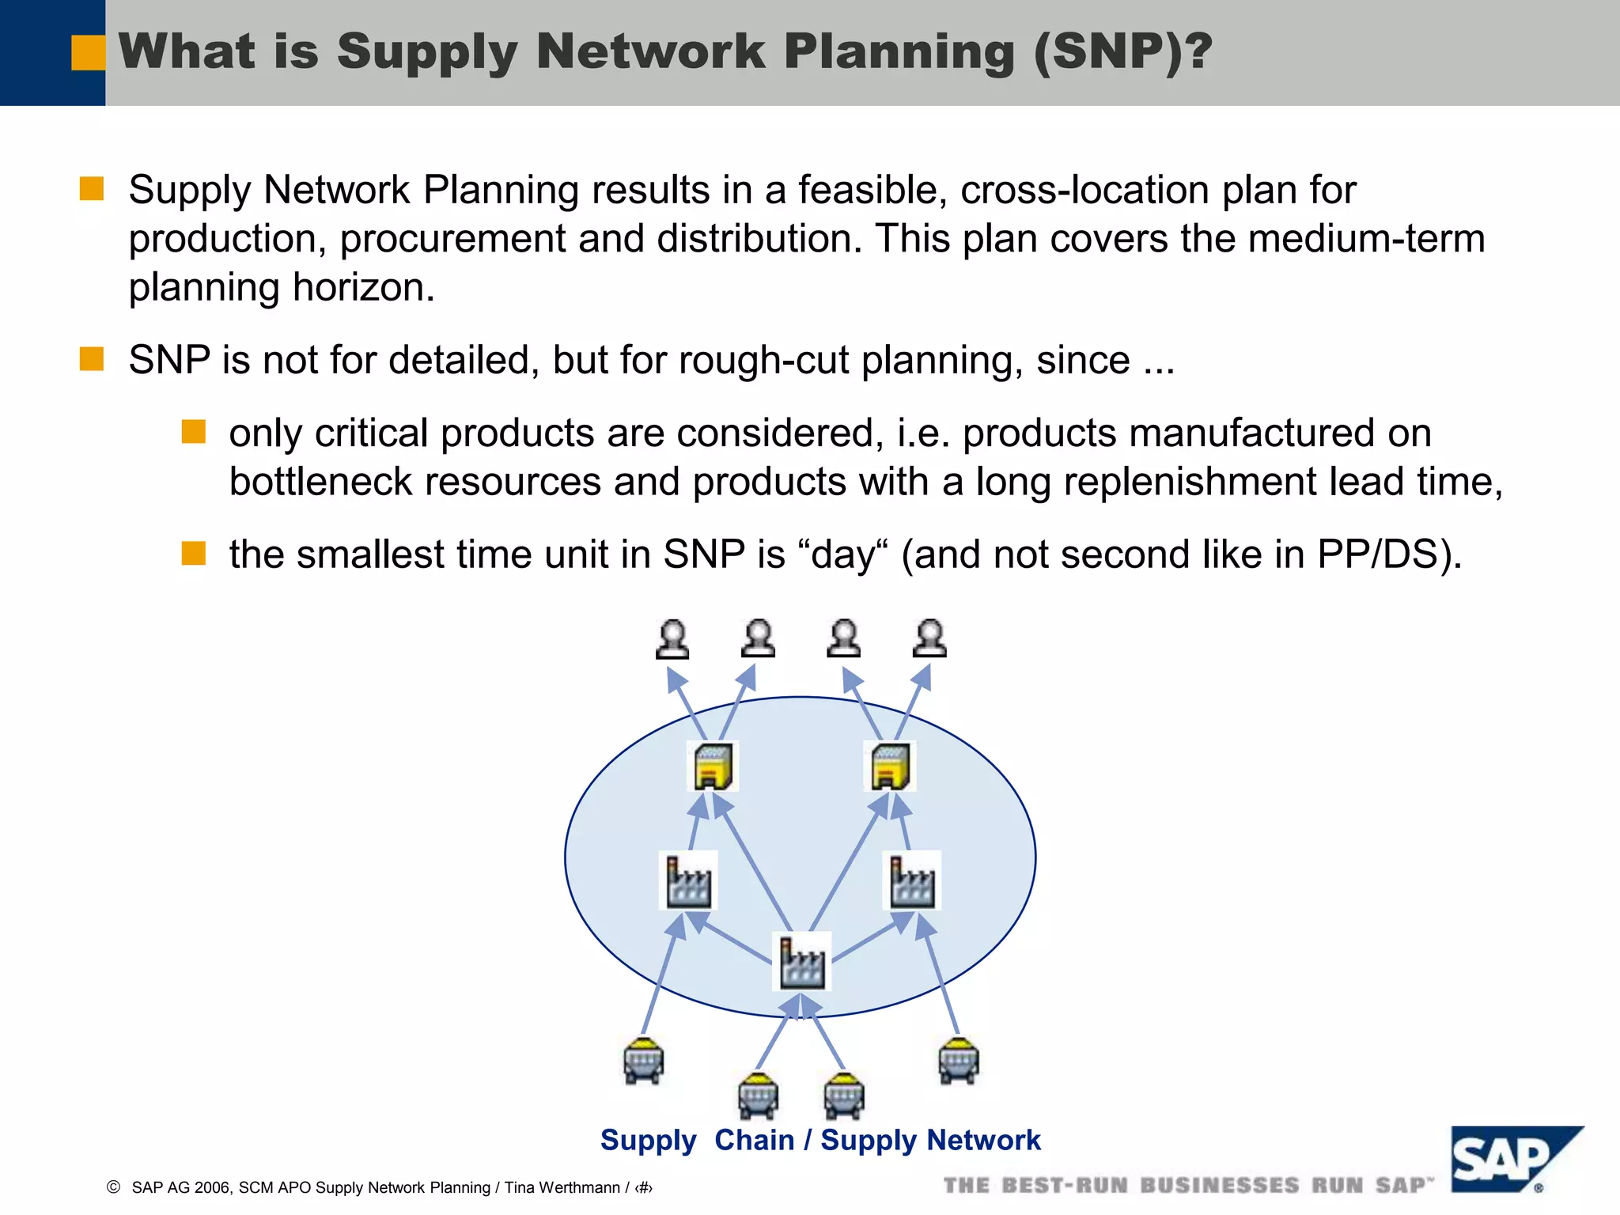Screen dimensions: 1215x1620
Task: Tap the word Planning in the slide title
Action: [x=899, y=52]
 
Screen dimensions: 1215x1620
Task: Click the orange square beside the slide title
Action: [x=88, y=53]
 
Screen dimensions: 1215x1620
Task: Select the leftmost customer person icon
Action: [x=672, y=639]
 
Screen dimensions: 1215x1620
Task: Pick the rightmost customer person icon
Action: [x=929, y=639]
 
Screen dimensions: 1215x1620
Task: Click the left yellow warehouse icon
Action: [x=713, y=766]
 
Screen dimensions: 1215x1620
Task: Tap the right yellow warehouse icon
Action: [x=891, y=766]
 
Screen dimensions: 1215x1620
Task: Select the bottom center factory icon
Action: [x=801, y=962]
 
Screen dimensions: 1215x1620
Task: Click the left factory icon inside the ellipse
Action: [x=688, y=880]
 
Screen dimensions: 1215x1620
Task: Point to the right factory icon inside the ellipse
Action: [x=911, y=880]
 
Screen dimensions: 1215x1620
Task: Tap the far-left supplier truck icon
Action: [x=643, y=1060]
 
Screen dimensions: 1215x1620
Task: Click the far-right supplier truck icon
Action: [x=958, y=1060]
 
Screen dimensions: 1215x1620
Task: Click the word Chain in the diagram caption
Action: [x=754, y=1141]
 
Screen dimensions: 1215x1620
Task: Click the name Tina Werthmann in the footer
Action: [x=562, y=1187]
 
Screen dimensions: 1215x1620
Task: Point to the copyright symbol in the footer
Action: [x=113, y=1187]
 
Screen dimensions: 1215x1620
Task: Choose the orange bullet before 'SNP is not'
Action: [x=92, y=359]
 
